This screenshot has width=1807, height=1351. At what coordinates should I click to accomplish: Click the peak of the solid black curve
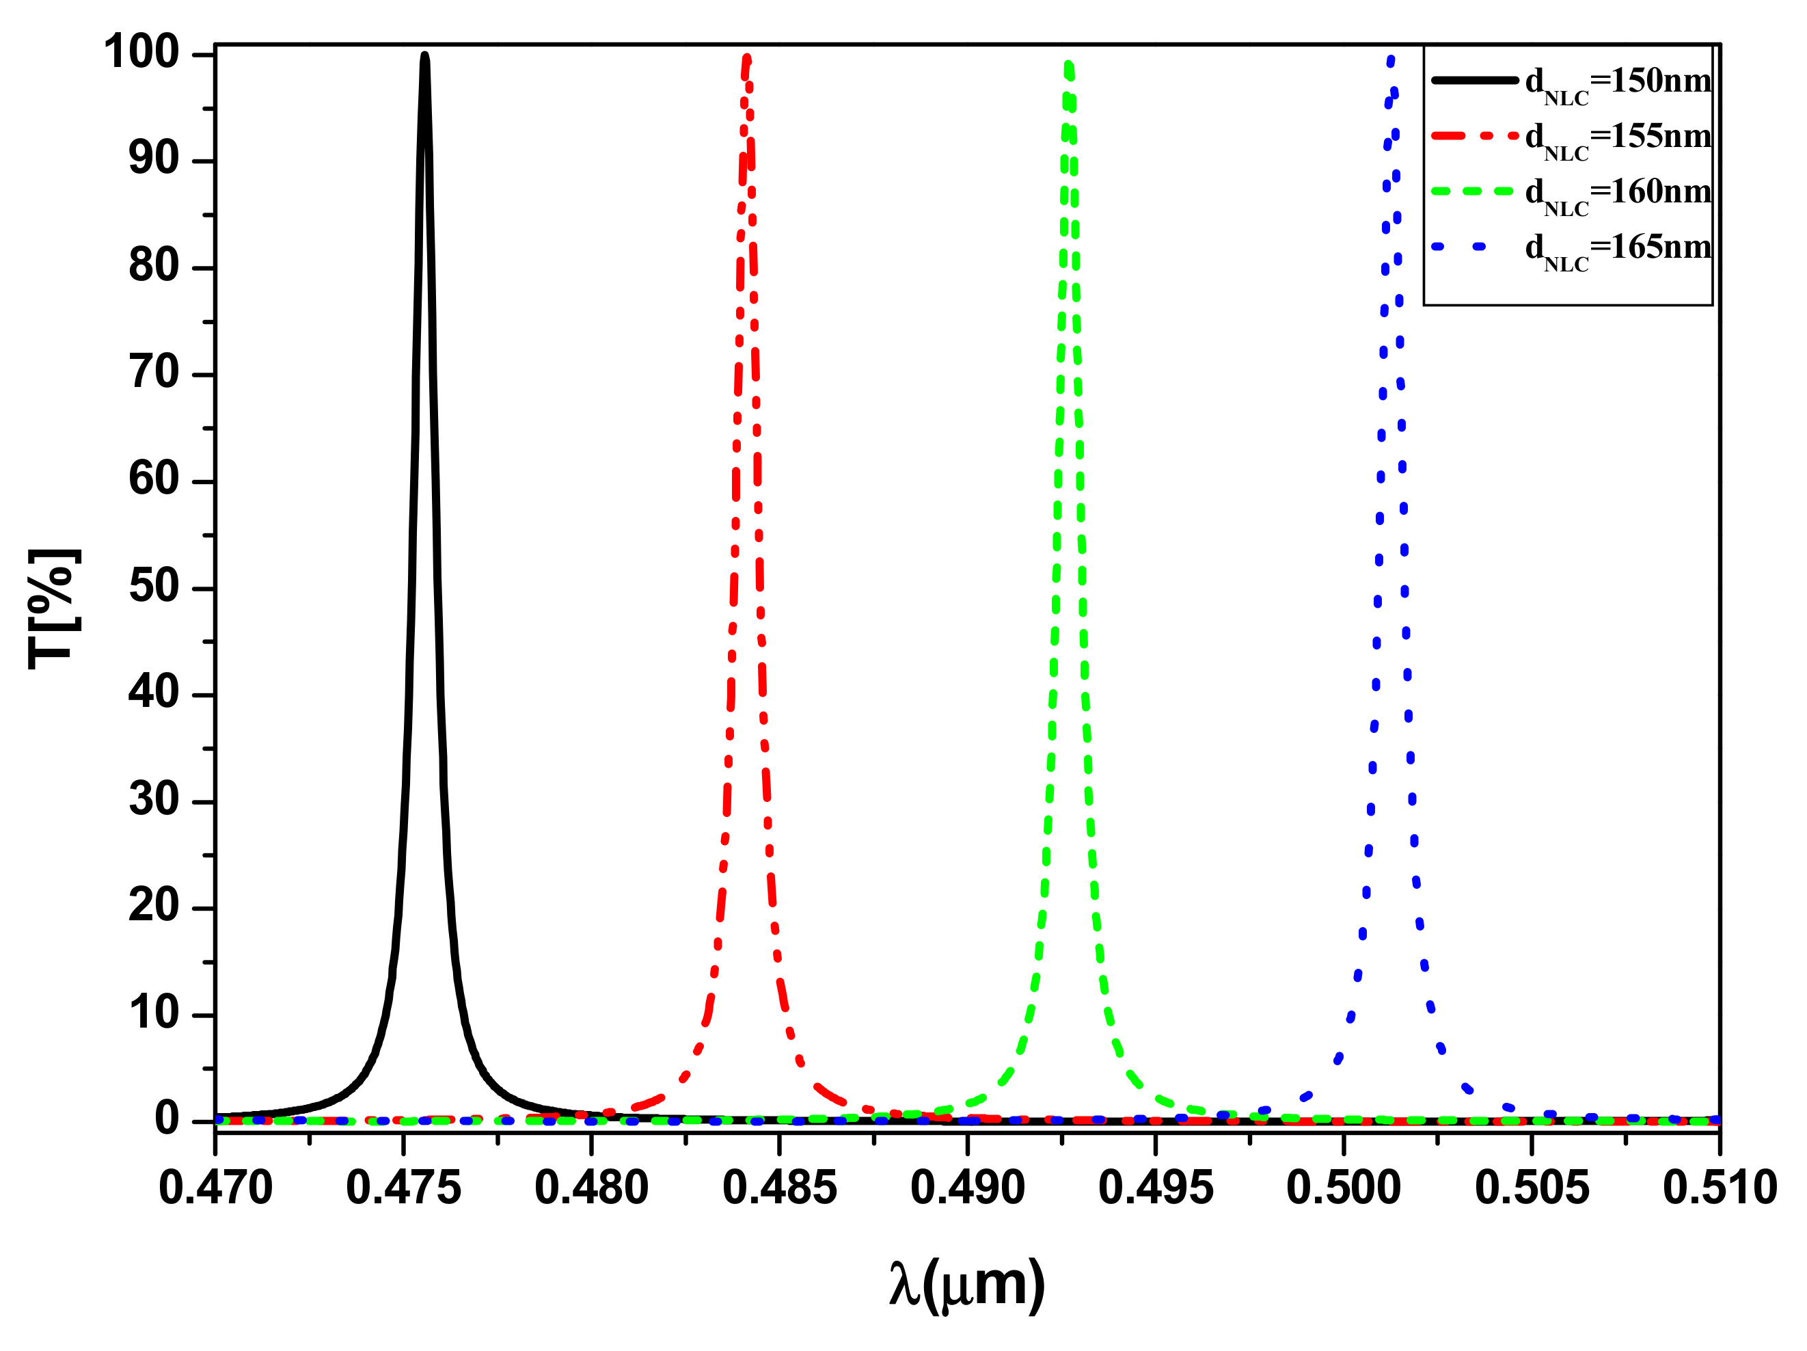click(425, 56)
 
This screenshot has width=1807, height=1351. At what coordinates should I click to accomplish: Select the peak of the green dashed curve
click(1068, 63)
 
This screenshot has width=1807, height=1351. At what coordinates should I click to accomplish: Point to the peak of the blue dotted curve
click(1391, 57)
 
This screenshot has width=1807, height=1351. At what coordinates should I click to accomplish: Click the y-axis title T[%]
click(54, 609)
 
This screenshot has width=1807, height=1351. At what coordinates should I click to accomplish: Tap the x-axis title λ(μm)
click(966, 1285)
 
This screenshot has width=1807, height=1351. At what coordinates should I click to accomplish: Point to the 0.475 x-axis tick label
click(403, 1188)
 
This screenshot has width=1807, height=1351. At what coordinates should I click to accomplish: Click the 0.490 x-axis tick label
click(968, 1188)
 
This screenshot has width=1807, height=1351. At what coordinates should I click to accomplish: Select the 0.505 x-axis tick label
click(1532, 1188)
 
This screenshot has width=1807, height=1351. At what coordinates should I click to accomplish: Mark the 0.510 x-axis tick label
click(1720, 1188)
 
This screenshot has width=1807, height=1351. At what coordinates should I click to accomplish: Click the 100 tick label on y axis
click(141, 53)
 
